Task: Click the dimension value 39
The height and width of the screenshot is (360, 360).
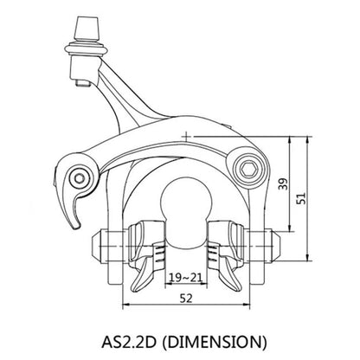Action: tap(285, 184)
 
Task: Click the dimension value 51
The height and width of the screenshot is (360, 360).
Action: tap(301, 198)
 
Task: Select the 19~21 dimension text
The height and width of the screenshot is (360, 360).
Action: tap(185, 278)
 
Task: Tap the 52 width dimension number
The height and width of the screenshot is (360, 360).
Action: tap(186, 299)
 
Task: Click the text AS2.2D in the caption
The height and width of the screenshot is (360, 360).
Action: tap(129, 342)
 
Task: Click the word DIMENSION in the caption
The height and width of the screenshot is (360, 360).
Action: tap(214, 342)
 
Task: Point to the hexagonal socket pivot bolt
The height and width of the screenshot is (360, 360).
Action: tap(249, 170)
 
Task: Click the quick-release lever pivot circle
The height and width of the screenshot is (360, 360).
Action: tap(79, 179)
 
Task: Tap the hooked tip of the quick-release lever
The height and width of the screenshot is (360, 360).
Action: tap(76, 227)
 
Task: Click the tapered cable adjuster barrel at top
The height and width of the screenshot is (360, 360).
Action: tap(87, 28)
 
